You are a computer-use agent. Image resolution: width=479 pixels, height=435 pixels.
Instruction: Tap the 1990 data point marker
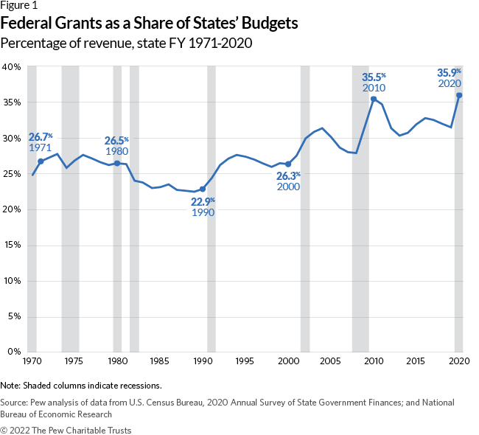coord(203,189)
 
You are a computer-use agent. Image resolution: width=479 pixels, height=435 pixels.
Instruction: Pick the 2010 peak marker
coord(374,99)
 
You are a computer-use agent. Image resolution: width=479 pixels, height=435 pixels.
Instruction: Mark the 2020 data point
coord(459,95)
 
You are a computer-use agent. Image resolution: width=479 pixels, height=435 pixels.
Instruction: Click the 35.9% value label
coord(449,72)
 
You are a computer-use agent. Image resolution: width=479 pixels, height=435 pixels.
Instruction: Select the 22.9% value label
coord(203,201)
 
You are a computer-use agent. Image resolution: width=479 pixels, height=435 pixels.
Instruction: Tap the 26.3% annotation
coord(288,175)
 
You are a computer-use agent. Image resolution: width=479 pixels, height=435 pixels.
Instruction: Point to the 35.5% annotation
coord(374,77)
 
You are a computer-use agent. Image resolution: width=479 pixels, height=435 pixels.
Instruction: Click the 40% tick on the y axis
coord(11,66)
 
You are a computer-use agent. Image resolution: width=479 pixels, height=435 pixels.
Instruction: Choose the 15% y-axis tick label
coord(11,245)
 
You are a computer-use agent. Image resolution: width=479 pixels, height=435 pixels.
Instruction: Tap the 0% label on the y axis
coord(14,352)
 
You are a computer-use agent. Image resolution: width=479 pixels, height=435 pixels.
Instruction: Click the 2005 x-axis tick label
coord(331,362)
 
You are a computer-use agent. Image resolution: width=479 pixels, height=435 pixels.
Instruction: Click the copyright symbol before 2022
coord(4,428)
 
